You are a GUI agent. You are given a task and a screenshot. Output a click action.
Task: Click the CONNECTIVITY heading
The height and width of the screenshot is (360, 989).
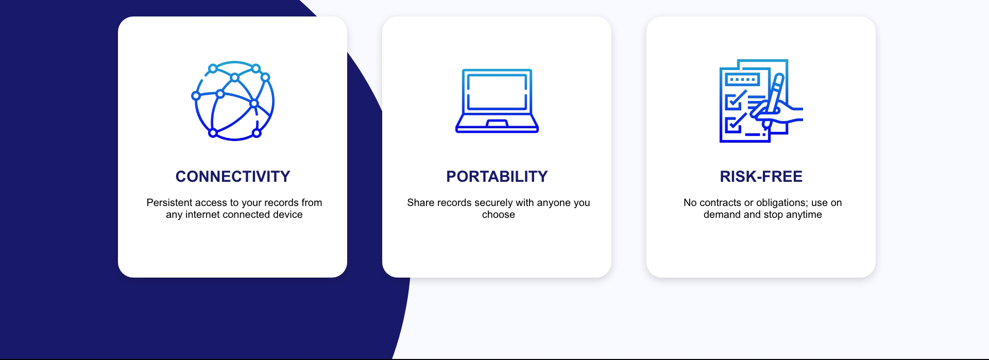pyautogui.click(x=233, y=177)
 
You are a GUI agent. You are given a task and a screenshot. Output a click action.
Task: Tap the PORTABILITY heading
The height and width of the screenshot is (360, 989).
pyautogui.click(x=497, y=177)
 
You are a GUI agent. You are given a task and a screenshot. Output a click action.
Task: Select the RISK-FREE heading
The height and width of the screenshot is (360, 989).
pyautogui.click(x=761, y=177)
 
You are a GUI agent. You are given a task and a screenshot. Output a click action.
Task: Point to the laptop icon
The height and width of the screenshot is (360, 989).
pyautogui.click(x=497, y=101)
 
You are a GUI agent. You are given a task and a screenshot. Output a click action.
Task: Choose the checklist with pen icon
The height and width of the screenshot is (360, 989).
pyautogui.click(x=761, y=101)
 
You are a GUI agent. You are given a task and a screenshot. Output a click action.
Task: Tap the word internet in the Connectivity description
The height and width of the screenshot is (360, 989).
pyautogui.click(x=204, y=215)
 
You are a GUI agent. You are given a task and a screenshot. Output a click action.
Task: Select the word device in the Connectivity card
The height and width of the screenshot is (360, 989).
pyautogui.click(x=287, y=215)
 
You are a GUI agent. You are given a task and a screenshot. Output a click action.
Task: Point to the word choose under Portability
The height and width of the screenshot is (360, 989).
pyautogui.click(x=499, y=215)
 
